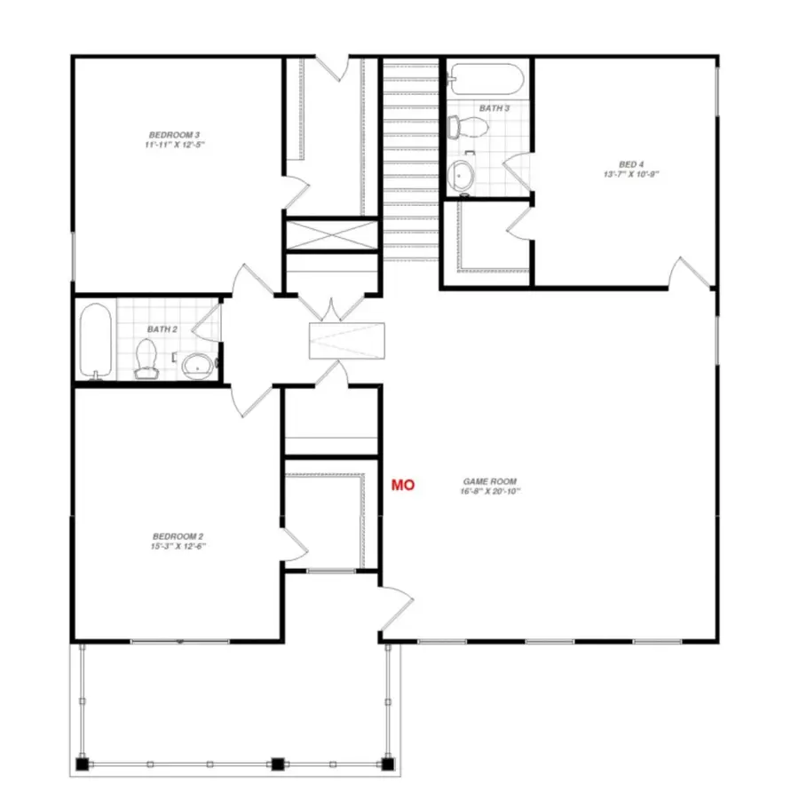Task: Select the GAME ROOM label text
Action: pos(490,480)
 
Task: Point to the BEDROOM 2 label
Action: pos(178,536)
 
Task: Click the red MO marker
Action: pos(404,485)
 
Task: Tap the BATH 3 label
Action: pos(494,108)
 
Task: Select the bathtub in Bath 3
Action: pos(485,79)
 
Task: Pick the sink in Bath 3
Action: pos(463,174)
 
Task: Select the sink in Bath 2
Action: pos(198,362)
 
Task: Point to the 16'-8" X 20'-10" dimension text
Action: pos(490,491)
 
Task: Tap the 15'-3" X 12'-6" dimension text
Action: pos(178,547)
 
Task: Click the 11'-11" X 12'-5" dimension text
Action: pos(169,144)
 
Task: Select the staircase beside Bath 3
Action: pos(411,160)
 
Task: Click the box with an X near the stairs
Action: pos(331,235)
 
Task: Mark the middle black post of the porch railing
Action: pos(277,763)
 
